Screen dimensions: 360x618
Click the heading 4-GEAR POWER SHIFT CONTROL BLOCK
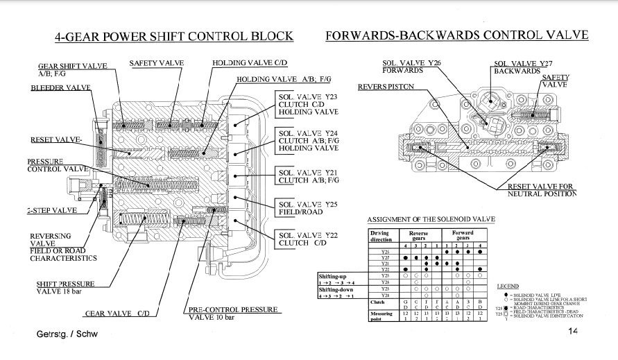(x=173, y=36)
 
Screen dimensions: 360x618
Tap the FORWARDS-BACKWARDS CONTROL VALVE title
(x=456, y=35)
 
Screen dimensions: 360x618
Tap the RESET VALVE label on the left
(x=56, y=140)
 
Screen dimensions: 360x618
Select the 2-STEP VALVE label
(x=51, y=210)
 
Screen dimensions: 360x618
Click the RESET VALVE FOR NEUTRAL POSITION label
(x=541, y=189)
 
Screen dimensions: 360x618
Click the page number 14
(x=572, y=332)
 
